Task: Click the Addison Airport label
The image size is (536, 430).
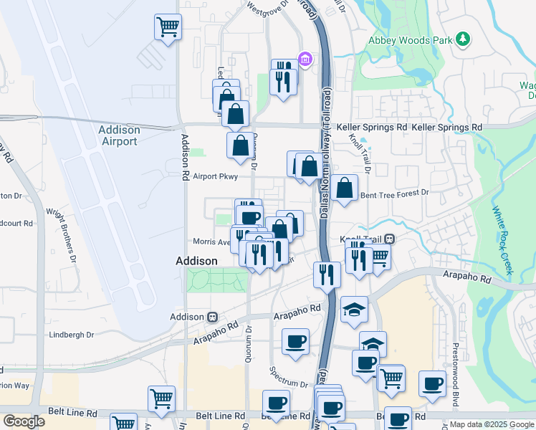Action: (119, 135)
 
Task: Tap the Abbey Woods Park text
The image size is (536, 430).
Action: (411, 41)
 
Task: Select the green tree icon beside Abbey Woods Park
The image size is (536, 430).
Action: (464, 38)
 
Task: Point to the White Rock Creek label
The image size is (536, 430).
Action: (503, 240)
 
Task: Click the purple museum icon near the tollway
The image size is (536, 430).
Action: (305, 58)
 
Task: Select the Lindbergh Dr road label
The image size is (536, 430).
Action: (71, 335)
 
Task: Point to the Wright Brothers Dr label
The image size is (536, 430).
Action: (62, 232)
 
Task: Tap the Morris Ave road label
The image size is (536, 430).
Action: (211, 242)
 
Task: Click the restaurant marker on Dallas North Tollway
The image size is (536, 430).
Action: (327, 274)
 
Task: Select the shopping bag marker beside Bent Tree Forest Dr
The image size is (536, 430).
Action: (345, 188)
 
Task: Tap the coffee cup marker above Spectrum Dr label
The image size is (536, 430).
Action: (295, 342)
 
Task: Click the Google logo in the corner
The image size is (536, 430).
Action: (24, 421)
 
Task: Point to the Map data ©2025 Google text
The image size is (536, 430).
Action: (492, 424)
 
